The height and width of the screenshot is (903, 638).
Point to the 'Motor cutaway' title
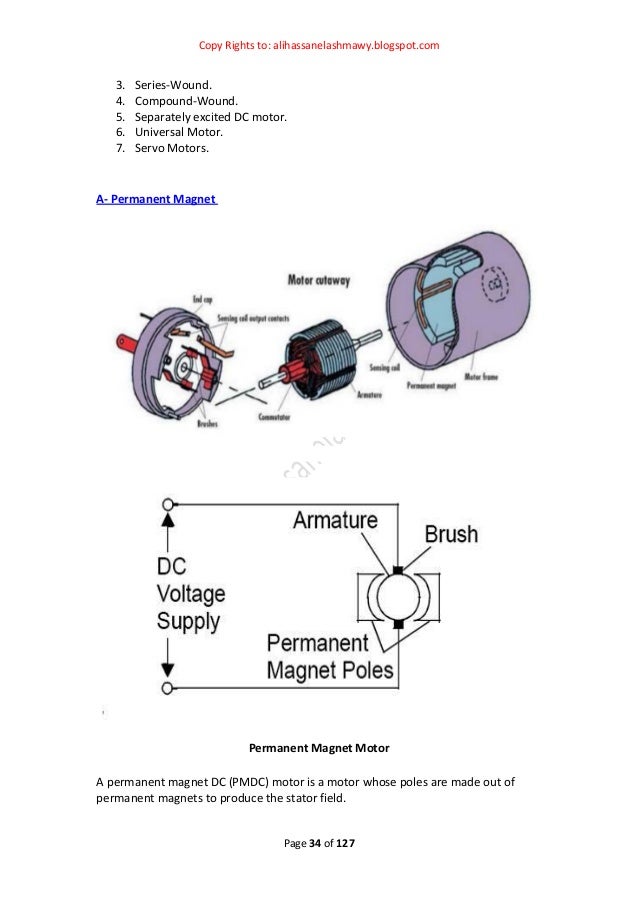(318, 281)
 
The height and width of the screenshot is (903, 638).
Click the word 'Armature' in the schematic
(335, 521)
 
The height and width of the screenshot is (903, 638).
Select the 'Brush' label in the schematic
(450, 534)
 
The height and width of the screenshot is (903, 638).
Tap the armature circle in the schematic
(397, 598)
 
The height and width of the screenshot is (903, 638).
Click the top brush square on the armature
(398, 571)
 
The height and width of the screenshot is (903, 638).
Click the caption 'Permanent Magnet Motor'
(318, 747)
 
